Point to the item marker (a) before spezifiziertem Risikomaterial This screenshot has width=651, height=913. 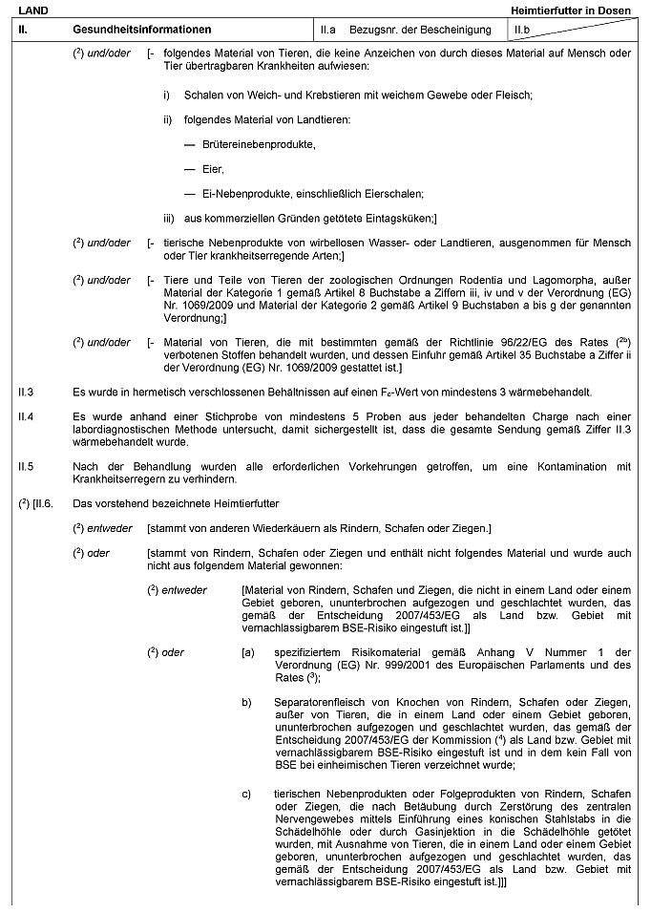click(x=248, y=651)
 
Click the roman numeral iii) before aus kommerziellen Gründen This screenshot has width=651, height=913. click(x=169, y=218)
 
